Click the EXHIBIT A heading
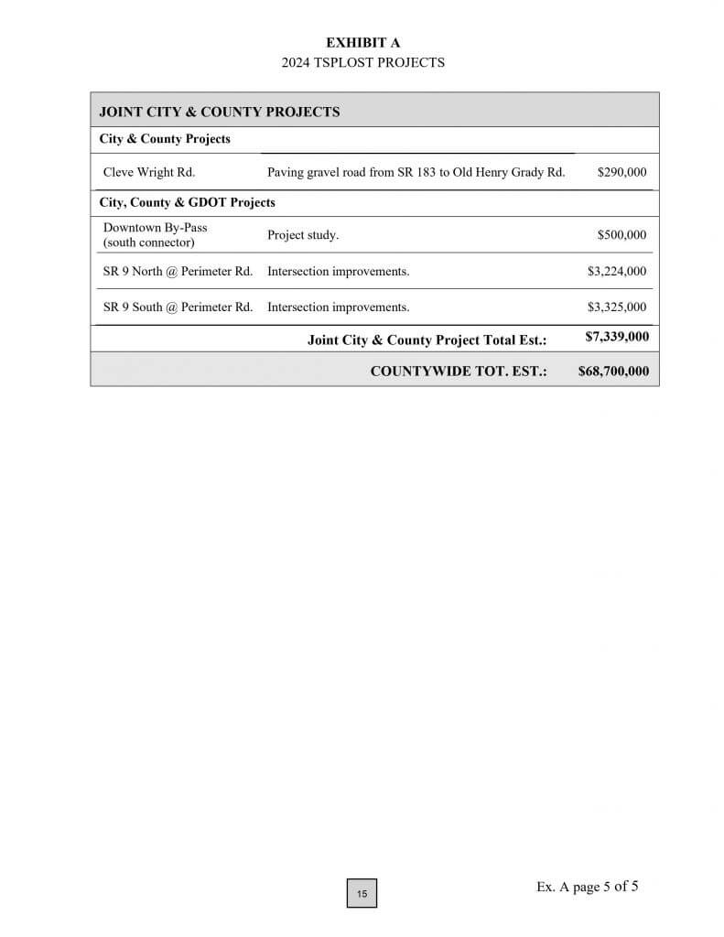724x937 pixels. coord(362,43)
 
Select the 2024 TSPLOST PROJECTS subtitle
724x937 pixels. coord(362,63)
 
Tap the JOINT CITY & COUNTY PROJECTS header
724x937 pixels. coord(219,112)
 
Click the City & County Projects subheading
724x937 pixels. coord(165,139)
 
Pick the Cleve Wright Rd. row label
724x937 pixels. coord(148,171)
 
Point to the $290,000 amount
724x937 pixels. coord(621,171)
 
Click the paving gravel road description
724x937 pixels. coord(416,171)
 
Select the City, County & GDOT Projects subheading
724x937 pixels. coord(187,202)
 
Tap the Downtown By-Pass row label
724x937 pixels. coord(155,234)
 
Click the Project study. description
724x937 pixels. coord(303,235)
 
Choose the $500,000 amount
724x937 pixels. coord(621,235)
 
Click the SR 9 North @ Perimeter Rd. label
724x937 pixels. coord(178,271)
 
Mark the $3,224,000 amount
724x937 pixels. coord(617,271)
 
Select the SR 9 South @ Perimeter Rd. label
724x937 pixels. coord(178,307)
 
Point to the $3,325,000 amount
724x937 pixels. coord(617,307)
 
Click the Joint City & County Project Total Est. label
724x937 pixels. coord(427,340)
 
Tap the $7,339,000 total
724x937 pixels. coord(617,337)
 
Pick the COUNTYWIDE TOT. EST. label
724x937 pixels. coord(459,371)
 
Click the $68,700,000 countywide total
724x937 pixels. coord(613,371)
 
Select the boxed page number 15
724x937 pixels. coord(362,893)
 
